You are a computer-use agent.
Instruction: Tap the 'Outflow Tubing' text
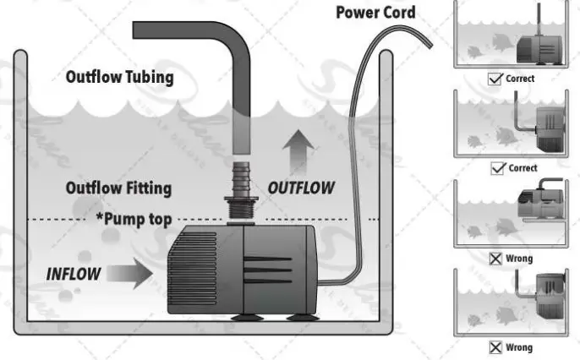click(x=119, y=78)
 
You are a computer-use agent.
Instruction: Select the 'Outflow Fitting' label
click(x=119, y=188)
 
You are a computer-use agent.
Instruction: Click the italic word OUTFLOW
click(x=301, y=188)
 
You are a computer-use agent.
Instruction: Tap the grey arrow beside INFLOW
click(x=132, y=273)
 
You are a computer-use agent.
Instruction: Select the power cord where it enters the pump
click(x=323, y=284)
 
